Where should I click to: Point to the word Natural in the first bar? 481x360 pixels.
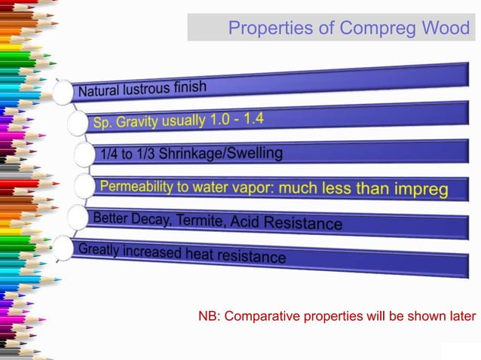click(x=98, y=93)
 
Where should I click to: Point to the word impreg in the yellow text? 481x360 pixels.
click(x=421, y=190)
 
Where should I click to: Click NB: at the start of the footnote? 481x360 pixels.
click(x=209, y=316)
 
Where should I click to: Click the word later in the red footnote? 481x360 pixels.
click(x=461, y=316)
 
